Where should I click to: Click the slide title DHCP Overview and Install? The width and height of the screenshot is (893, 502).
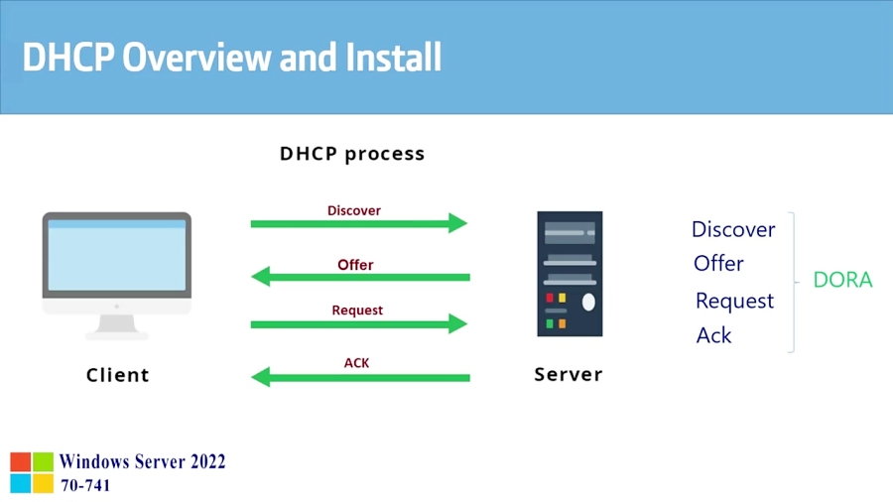[x=231, y=57]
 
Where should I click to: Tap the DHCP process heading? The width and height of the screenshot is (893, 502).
[x=351, y=154]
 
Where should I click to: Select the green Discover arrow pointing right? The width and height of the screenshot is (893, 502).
[x=358, y=224]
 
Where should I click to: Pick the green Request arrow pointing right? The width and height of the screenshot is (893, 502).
[x=358, y=323]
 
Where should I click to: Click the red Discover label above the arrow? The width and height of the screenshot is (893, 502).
[x=354, y=210]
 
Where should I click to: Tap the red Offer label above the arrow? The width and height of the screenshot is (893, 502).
[x=355, y=265]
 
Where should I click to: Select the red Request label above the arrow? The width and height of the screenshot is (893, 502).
[x=357, y=311]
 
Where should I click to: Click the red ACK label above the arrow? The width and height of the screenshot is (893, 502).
[x=356, y=363]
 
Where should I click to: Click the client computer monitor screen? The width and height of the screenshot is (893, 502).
[x=116, y=255]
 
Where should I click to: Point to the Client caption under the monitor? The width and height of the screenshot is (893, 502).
[x=117, y=375]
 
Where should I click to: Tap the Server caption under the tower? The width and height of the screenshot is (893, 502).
[x=569, y=375]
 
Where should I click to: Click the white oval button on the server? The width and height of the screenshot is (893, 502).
[x=588, y=302]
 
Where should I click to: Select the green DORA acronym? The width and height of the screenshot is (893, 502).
[x=842, y=280]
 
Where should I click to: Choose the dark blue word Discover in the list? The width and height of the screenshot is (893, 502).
[x=733, y=229]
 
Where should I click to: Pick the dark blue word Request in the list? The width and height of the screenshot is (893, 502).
[x=734, y=301]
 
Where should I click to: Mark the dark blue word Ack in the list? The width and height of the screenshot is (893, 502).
[x=713, y=335]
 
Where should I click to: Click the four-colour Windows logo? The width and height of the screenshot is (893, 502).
[x=32, y=472]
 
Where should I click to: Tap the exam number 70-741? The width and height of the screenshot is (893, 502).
[x=85, y=485]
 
